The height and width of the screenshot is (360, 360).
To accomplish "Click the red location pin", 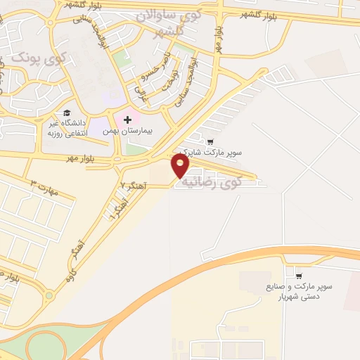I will pos(180,166).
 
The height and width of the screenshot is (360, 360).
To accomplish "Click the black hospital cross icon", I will pos(127,120).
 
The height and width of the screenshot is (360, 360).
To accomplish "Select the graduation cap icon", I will pos(67,112).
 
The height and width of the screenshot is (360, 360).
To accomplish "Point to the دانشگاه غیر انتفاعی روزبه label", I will pos(65,128).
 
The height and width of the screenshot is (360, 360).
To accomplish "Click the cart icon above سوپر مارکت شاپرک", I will pos(210,141).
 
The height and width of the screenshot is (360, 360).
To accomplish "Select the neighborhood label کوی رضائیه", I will pos(211,182).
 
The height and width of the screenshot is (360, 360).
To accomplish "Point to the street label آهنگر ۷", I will pos(131,185).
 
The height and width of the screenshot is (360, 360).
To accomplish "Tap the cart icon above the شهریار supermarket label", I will pos(299,275).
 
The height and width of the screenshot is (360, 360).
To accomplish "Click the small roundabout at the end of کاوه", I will pos(49,296).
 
